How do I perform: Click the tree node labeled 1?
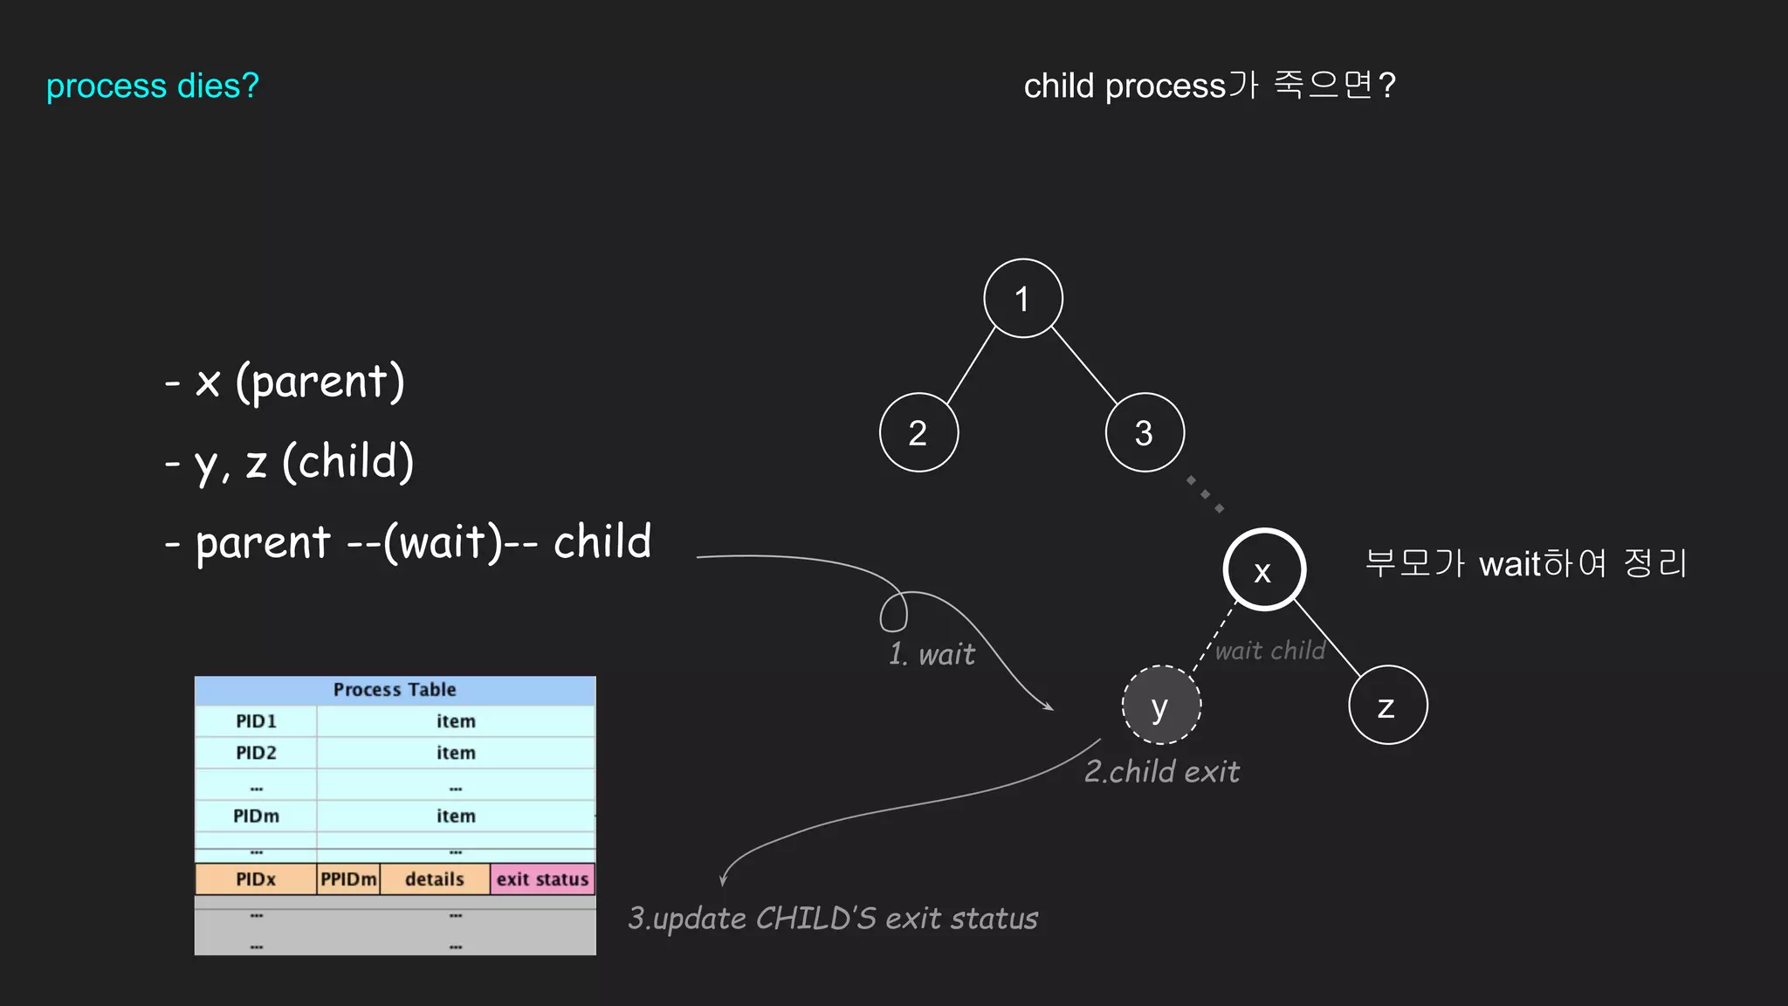tap(1022, 299)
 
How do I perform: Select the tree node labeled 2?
tap(918, 432)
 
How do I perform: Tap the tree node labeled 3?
tap(1145, 432)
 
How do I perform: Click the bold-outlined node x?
tap(1263, 569)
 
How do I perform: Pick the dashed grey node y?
tap(1161, 705)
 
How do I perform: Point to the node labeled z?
tap(1387, 705)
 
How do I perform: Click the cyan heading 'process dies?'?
tap(153, 86)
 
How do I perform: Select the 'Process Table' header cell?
tap(395, 690)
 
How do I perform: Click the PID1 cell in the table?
tap(256, 721)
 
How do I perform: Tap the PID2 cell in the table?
tap(256, 753)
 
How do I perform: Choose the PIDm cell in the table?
tap(256, 816)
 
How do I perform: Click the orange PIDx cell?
tap(256, 879)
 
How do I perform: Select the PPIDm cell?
tap(348, 879)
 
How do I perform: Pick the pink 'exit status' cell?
tap(542, 879)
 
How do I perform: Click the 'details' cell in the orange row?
tap(434, 879)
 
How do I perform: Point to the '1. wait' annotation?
tap(932, 654)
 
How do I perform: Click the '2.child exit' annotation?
tap(1161, 772)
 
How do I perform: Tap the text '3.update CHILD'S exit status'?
tap(833, 919)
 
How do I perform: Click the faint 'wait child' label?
tap(1270, 651)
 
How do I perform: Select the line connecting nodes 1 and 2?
tap(971, 366)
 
